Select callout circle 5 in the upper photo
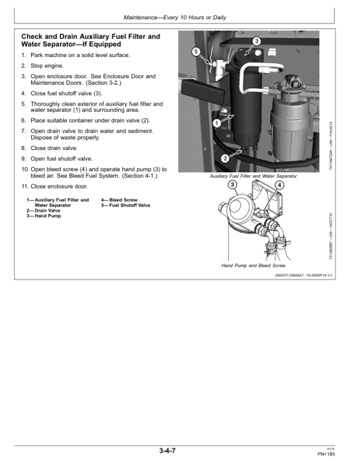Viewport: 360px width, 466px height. [196, 52]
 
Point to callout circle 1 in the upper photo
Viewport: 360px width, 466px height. [215, 123]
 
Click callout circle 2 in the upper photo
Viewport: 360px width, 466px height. [224, 159]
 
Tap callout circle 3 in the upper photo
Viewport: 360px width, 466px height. [256, 41]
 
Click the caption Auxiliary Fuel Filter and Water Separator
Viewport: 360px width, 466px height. [253, 176]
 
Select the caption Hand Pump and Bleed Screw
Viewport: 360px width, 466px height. [253, 265]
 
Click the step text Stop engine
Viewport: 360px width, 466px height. [47, 65]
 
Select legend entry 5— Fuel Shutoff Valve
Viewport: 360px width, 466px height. [125, 205]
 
